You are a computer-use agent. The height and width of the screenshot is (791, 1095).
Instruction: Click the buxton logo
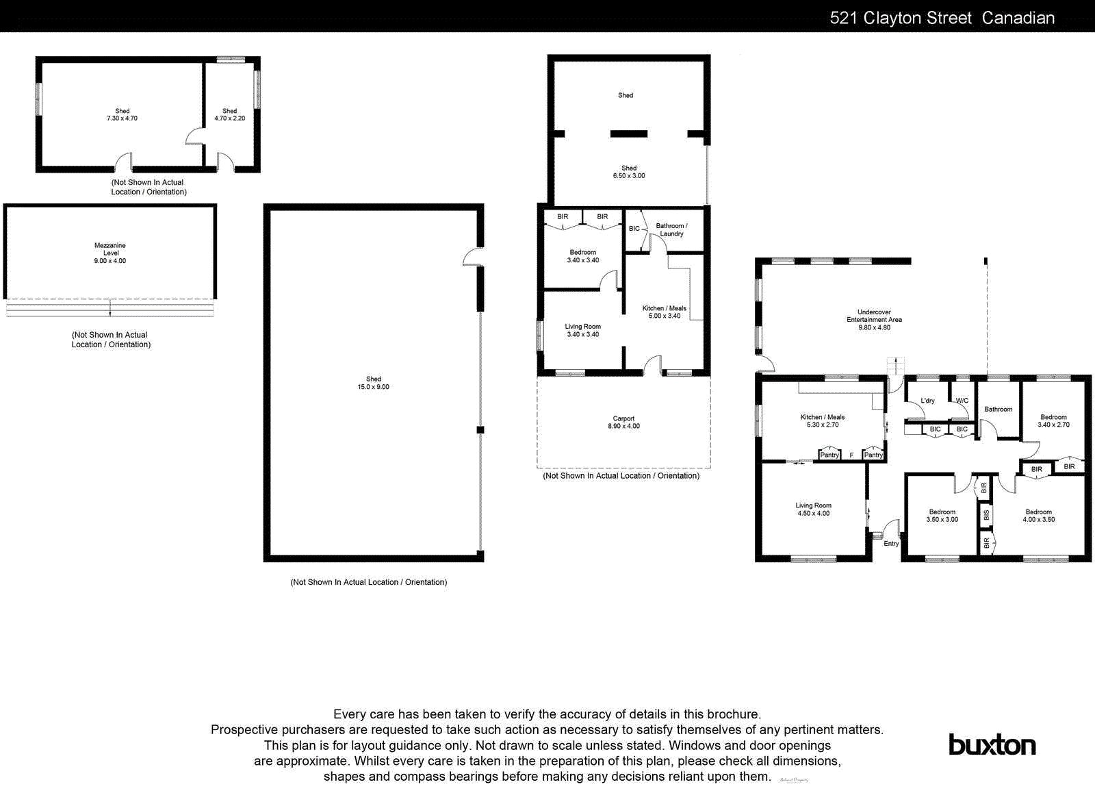point(992,744)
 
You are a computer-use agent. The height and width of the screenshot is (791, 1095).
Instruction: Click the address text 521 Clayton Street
point(900,18)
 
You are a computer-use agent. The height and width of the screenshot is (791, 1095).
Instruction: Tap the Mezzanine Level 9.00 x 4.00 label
point(110,253)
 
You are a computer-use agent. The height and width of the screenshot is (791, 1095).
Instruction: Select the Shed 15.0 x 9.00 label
point(373,383)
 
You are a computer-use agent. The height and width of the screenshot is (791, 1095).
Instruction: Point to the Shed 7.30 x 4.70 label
point(122,114)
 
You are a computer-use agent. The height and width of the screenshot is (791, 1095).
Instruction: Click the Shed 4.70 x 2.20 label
point(229,114)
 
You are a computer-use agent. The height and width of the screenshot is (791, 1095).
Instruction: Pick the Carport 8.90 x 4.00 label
point(623,423)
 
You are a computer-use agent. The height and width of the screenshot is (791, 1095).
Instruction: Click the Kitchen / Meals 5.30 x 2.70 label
point(823,420)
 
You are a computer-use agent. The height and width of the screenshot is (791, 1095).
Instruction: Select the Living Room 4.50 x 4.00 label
point(813,509)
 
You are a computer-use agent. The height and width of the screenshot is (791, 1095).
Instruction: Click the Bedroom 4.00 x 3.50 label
point(1038,516)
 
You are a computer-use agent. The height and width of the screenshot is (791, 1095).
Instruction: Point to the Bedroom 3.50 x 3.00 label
point(942,516)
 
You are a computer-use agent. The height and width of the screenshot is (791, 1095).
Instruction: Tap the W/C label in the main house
point(962,401)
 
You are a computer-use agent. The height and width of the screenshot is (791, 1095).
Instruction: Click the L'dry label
point(927,401)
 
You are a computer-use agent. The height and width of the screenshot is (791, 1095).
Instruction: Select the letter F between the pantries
point(851,455)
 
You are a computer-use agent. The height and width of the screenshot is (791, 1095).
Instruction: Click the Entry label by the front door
point(891,544)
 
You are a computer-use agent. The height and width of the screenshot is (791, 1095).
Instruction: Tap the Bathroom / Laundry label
point(671,229)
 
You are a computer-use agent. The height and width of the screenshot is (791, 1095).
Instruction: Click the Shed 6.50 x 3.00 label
point(628,172)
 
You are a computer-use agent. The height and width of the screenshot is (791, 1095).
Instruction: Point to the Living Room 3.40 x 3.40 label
point(582,330)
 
